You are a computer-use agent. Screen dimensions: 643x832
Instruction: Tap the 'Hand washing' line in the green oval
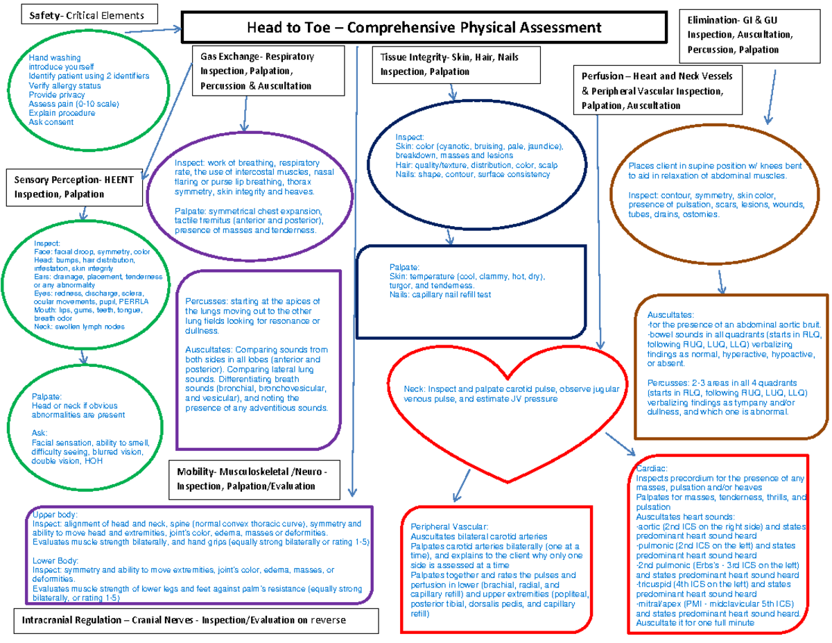(55, 58)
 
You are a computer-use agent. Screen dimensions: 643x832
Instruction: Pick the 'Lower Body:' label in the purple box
(55, 560)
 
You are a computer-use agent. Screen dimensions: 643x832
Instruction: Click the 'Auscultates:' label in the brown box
(670, 314)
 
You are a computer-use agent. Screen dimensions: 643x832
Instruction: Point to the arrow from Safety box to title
(154, 31)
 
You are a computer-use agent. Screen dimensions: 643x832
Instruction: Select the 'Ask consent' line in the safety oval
(51, 122)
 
